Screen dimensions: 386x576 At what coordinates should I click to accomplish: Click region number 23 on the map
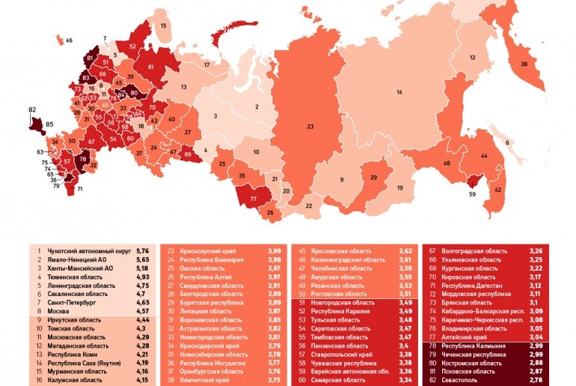pos(308,128)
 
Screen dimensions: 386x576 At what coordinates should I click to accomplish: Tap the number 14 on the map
pos(399,91)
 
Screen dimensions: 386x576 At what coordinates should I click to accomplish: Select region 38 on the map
pos(523,64)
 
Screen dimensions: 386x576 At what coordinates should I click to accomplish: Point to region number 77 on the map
pos(254,199)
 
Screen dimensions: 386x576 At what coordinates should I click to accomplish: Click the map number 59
pos(472,194)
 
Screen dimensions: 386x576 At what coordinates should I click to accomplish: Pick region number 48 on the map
pos(446,163)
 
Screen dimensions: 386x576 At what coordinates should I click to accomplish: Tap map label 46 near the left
pos(69,40)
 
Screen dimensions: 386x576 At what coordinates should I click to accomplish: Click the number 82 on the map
pos(32,109)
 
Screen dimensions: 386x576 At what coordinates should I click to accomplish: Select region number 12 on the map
pos(472,58)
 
